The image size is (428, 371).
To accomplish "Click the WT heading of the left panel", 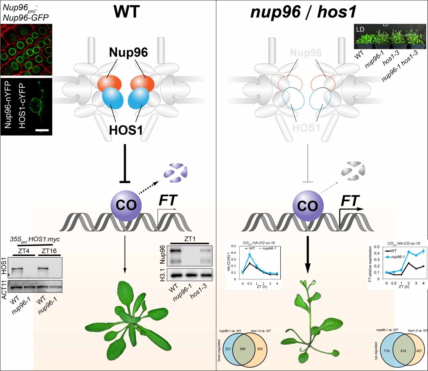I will (126, 11).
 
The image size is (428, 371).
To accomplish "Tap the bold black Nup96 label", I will (128, 52).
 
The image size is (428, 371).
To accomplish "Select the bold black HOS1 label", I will (126, 130).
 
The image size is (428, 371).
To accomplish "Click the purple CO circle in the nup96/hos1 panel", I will (308, 205).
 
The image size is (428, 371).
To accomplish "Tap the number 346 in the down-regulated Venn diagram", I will (242, 349).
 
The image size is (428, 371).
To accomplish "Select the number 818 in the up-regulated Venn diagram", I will (403, 351).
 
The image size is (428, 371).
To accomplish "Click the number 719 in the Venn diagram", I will (387, 351).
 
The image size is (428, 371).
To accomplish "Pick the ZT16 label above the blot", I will (49, 251).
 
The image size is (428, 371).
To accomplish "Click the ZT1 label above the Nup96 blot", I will (190, 239).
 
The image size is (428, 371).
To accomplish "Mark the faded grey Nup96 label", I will (306, 53).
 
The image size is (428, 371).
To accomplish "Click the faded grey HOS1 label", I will (306, 128).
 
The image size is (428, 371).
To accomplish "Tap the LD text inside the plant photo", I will (360, 29).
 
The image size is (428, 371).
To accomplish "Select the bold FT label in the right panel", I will (350, 201).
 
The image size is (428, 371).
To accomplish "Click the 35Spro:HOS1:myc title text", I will (35, 239).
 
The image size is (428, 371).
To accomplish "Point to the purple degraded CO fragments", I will (176, 172).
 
